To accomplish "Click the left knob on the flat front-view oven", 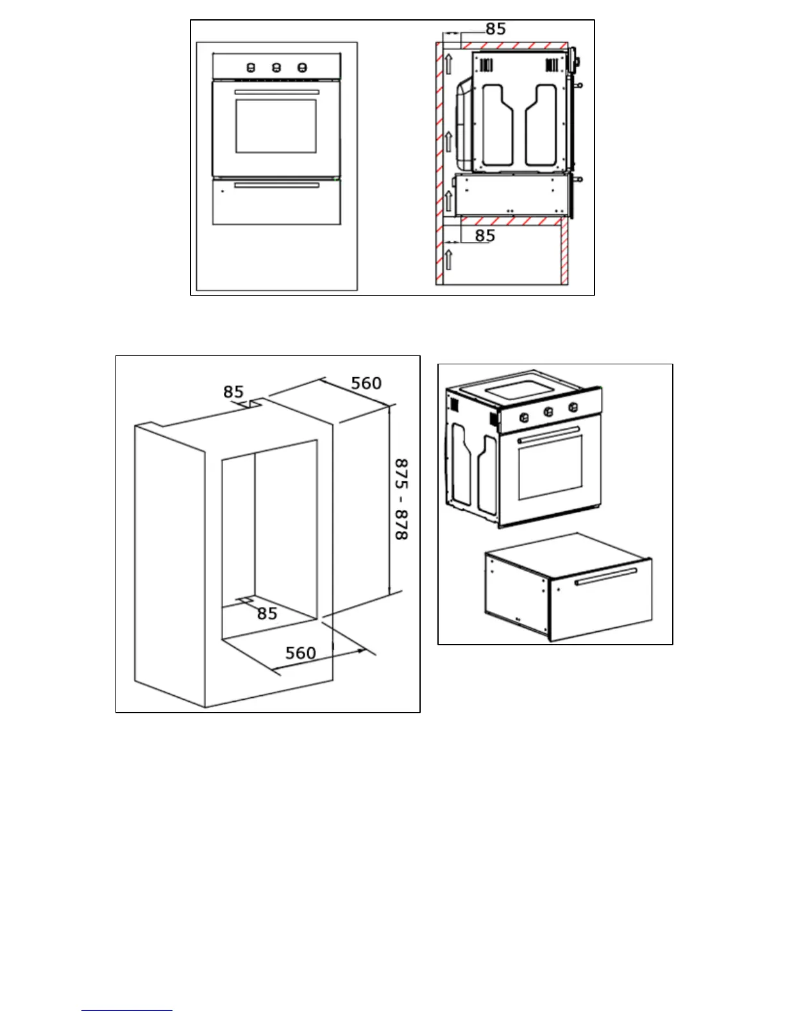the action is click(251, 67).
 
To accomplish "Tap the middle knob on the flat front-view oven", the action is click(276, 67).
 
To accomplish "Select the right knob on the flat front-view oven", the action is click(302, 67).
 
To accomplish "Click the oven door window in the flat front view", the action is click(276, 126).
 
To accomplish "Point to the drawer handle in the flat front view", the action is click(276, 185).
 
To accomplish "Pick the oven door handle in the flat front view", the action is click(276, 92).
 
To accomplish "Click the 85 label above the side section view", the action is click(496, 29).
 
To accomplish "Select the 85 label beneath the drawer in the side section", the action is click(485, 235).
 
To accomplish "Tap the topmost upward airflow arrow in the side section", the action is click(449, 63).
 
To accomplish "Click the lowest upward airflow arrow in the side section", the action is click(449, 259).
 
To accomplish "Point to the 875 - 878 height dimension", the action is click(401, 499).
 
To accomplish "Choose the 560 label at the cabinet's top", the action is click(366, 384).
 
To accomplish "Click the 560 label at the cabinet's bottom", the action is click(301, 653).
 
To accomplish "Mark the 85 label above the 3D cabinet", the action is click(233, 392).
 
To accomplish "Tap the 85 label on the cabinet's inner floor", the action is click(267, 614).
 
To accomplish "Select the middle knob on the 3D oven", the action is click(548, 412).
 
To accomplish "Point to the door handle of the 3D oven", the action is click(549, 434).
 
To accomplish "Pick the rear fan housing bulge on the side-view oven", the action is click(463, 122).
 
